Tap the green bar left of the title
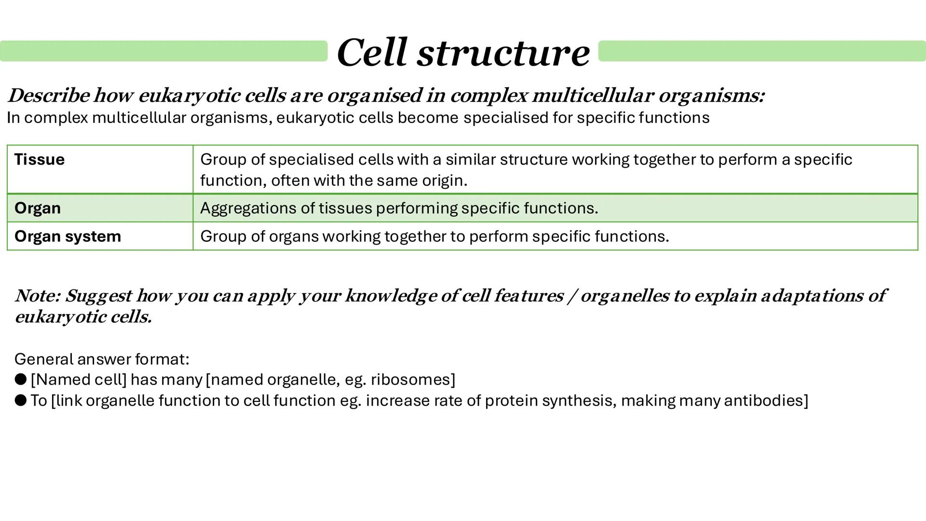pyautogui.click(x=164, y=51)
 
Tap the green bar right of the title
pyautogui.click(x=761, y=51)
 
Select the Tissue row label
pyautogui.click(x=40, y=160)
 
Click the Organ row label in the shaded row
pyautogui.click(x=38, y=208)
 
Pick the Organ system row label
pyautogui.click(x=68, y=236)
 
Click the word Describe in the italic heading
pyautogui.click(x=48, y=96)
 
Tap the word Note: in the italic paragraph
pyautogui.click(x=38, y=296)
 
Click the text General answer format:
pyautogui.click(x=102, y=359)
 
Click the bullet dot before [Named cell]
pyautogui.click(x=20, y=380)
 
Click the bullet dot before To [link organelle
pyautogui.click(x=20, y=400)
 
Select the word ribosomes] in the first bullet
pyautogui.click(x=413, y=380)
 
